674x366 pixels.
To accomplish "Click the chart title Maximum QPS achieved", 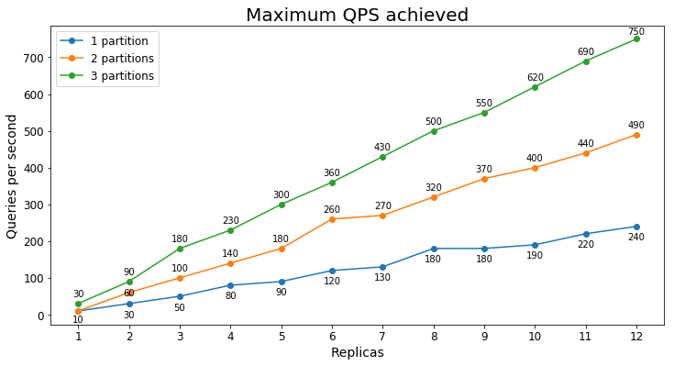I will point(357,16).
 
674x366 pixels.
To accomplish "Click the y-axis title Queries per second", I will point(12,176).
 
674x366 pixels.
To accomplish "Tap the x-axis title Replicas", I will point(357,353).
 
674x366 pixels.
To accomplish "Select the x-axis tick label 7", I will point(382,337).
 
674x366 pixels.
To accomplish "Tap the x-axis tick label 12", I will point(635,337).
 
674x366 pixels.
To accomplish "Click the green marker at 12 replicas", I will point(636,39).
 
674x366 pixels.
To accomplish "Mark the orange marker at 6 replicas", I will point(332,219).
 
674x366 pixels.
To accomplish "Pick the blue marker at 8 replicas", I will point(434,249).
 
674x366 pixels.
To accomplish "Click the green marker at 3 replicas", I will point(180,249).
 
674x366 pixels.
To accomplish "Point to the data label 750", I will point(636,32).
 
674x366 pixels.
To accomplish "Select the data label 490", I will point(636,126).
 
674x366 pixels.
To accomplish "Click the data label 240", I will point(636,238).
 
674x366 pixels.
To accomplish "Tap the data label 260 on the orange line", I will point(332,210).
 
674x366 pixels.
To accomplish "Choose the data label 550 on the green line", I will point(484,104).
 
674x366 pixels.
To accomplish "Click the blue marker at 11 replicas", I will point(585,234).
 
